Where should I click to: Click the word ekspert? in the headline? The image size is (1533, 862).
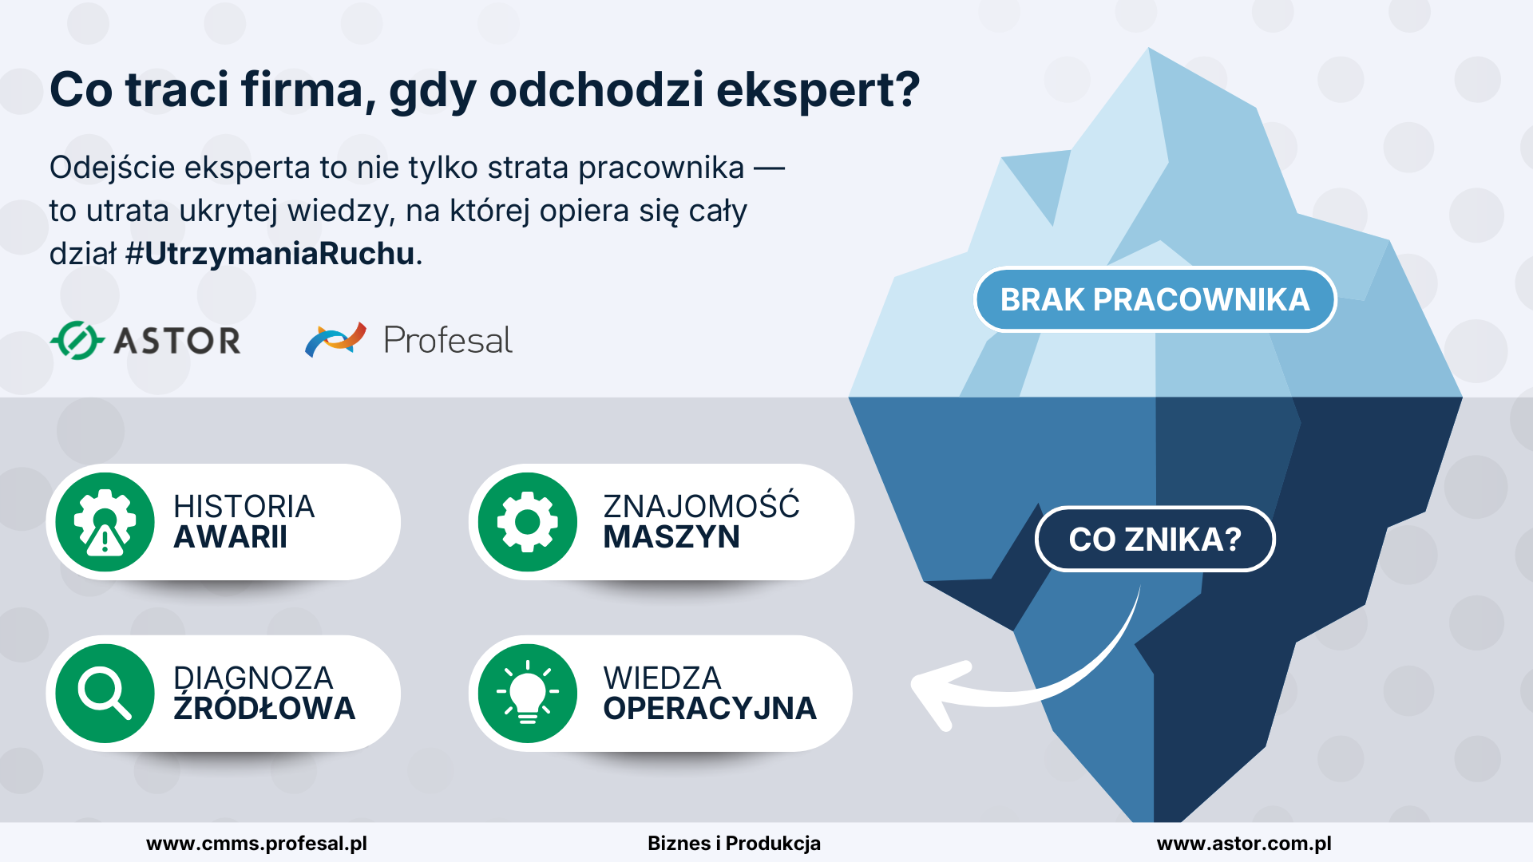point(818,90)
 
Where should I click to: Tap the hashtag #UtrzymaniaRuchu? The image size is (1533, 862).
point(271,254)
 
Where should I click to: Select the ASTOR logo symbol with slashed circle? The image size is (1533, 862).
point(77,341)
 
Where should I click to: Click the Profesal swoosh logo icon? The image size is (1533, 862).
point(335,340)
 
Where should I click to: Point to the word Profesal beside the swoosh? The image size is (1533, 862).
point(448,341)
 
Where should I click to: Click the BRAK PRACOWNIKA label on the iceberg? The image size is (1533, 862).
point(1155,299)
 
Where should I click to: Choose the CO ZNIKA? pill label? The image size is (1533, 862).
point(1155,540)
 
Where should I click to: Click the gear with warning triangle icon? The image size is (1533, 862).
point(105,522)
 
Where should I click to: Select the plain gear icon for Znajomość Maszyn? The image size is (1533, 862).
point(527,522)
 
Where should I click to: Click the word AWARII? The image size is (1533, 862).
point(231,538)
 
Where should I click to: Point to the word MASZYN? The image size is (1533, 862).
point(671,538)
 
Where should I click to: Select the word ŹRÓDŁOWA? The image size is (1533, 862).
point(264,708)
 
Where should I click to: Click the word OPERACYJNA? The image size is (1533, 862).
point(710,709)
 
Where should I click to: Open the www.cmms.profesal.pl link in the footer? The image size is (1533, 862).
point(256,844)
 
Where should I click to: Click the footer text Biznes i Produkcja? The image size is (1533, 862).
point(734,844)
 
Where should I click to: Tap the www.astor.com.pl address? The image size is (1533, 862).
point(1244,844)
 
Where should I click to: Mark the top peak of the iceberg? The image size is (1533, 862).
point(1150,49)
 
